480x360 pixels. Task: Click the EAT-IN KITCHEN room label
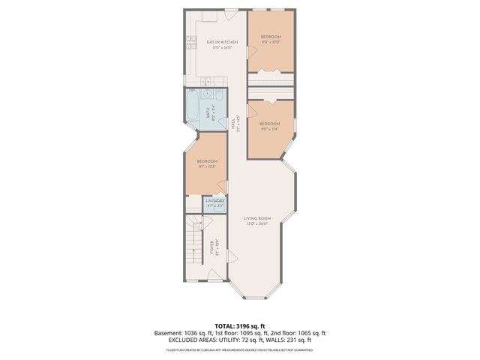point(222,42)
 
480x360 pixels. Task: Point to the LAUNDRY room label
point(215,200)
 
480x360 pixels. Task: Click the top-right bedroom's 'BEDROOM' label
point(271,37)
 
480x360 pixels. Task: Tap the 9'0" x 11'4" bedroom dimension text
point(269,128)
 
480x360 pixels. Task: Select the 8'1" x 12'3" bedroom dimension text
point(207,166)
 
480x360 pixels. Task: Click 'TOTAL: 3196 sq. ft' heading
point(239,325)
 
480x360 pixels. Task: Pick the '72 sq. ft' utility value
point(258,340)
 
